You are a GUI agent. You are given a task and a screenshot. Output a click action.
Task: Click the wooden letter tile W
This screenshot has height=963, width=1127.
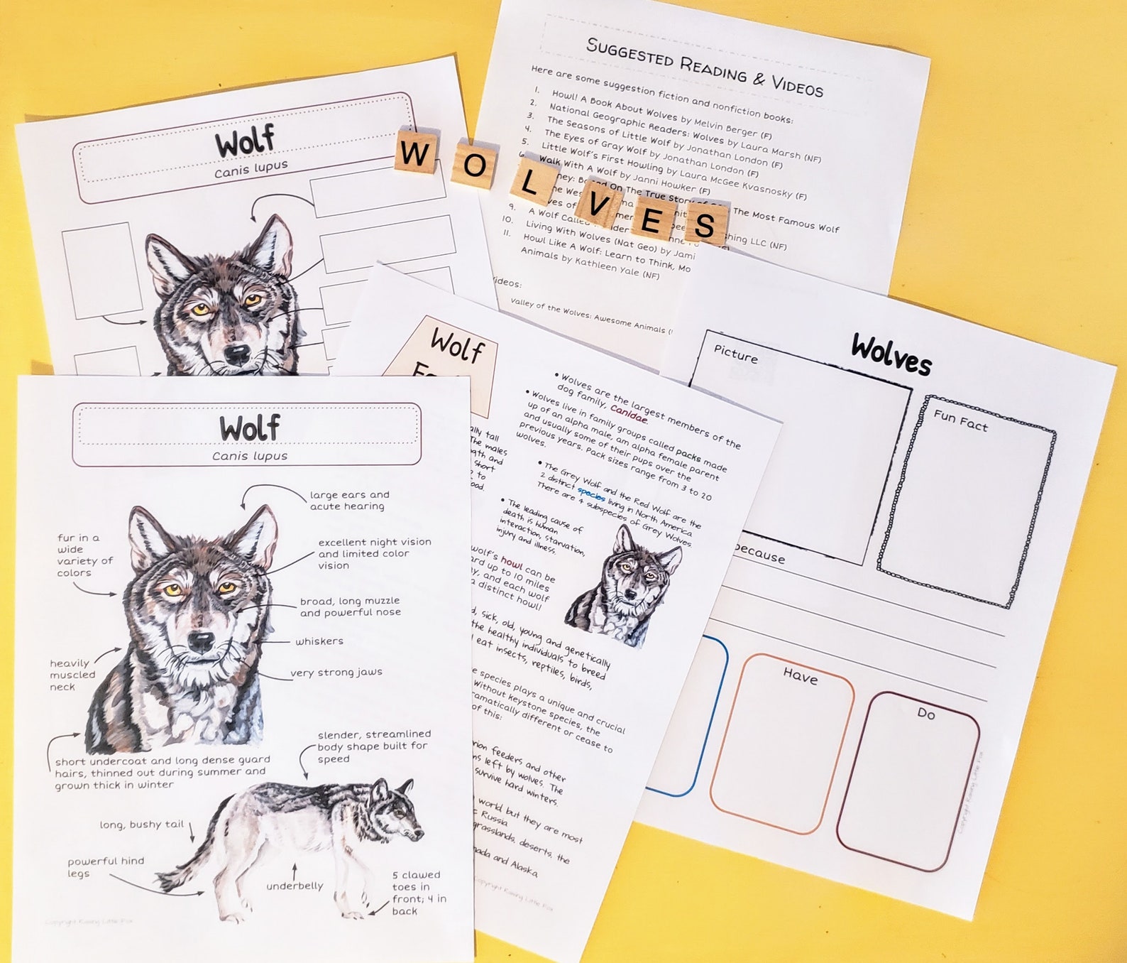pos(414,152)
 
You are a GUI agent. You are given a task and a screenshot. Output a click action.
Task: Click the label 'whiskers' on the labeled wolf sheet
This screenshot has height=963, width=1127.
pos(319,641)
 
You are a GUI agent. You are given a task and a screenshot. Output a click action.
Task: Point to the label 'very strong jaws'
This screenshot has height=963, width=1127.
pos(336,673)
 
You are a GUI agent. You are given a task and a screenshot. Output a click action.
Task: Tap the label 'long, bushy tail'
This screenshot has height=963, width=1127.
pos(141,825)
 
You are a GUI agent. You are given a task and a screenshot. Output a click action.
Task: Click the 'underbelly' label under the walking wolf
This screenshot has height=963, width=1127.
pos(295,886)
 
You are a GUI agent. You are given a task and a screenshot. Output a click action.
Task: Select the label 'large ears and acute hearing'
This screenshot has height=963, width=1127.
pos(349,501)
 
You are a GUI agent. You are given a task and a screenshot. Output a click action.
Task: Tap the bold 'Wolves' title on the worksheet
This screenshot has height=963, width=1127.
pos(891,354)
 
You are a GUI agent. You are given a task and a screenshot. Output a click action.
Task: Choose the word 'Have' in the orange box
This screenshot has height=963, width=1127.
pos(800,675)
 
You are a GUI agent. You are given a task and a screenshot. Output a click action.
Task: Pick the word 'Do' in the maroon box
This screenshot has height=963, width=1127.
pos(926,713)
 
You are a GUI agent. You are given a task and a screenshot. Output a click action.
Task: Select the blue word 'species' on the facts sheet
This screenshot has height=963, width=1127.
pos(590,494)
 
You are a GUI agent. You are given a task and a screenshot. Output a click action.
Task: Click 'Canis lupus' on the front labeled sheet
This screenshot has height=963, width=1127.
pos(250,456)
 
